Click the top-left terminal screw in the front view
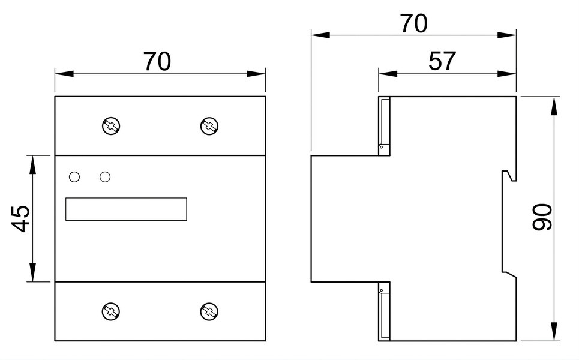(111, 126)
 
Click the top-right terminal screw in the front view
(209, 126)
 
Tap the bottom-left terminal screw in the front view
(111, 311)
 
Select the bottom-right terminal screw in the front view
(209, 311)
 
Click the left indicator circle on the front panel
(74, 177)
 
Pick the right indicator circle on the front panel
(105, 177)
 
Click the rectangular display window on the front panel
(126, 209)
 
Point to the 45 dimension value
(22, 218)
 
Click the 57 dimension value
(442, 61)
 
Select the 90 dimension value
(542, 217)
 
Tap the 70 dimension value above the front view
(157, 61)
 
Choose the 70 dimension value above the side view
(414, 23)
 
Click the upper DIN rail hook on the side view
(510, 176)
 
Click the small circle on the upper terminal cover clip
(381, 147)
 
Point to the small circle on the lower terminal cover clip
(381, 290)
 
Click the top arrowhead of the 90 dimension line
(554, 106)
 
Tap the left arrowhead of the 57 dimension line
(388, 73)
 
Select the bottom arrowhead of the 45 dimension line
(33, 272)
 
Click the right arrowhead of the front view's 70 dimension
(256, 73)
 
